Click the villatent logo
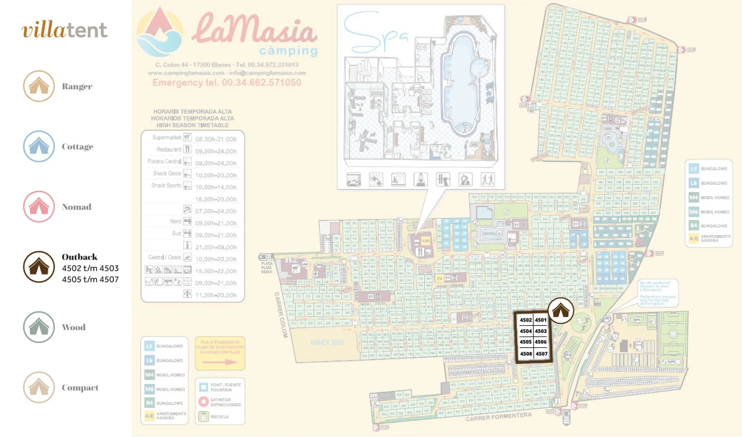(x=64, y=30)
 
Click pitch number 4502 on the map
(x=526, y=320)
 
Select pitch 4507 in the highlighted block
(x=542, y=354)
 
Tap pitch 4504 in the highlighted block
(x=526, y=331)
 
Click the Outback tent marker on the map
(x=561, y=310)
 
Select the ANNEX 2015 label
(x=326, y=342)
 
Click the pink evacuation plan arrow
(x=221, y=362)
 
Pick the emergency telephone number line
(x=227, y=82)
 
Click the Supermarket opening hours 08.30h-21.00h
(x=216, y=139)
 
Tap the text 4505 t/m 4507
(x=90, y=279)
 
